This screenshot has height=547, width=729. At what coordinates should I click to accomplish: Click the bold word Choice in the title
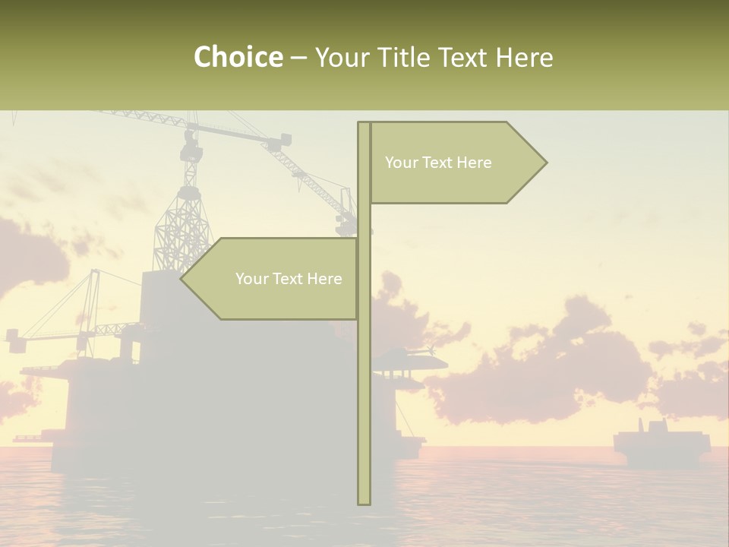[238, 57]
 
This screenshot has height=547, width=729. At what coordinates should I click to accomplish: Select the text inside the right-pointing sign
[438, 163]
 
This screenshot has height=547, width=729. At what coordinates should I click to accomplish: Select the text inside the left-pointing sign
[289, 279]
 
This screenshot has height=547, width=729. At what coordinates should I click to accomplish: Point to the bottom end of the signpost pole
[364, 502]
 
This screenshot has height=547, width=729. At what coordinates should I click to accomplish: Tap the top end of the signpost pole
[364, 124]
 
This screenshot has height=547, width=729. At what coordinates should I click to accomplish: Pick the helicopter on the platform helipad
[410, 357]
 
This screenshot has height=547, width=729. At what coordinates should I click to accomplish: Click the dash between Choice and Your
[298, 58]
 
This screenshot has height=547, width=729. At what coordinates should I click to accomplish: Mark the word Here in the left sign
[324, 279]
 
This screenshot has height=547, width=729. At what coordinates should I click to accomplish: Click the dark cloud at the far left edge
[30, 258]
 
